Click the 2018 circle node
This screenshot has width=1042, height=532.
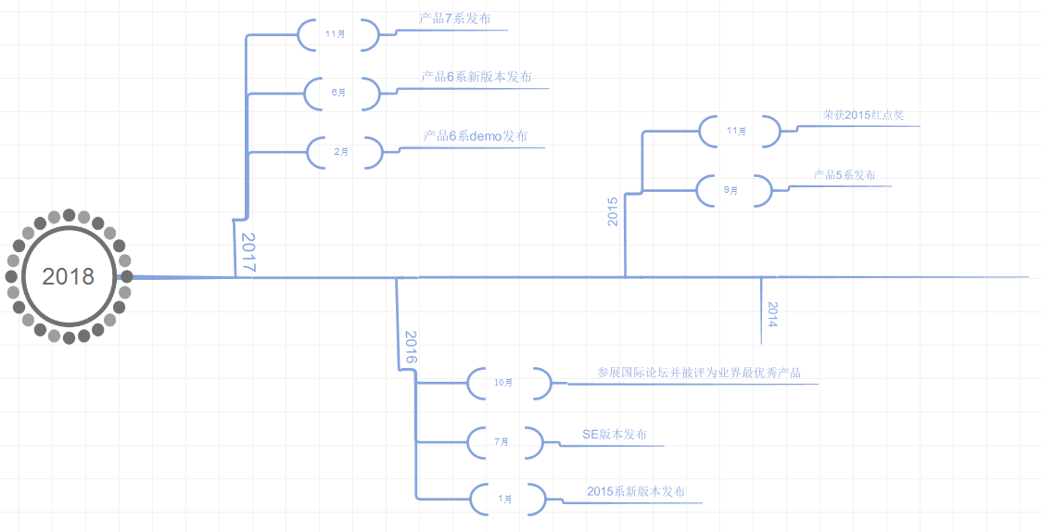click(69, 276)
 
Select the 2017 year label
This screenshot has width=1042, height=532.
click(248, 251)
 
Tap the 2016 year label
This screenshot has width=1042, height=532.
click(411, 347)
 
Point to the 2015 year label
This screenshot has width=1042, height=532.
click(612, 211)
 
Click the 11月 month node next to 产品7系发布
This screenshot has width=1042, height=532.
click(337, 34)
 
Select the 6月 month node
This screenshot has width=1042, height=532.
click(341, 93)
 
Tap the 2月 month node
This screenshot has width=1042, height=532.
click(343, 152)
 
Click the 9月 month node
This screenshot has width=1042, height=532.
click(733, 190)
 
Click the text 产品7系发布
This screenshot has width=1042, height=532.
click(450, 19)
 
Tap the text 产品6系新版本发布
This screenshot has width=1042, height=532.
click(477, 77)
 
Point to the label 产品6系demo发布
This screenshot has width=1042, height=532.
click(476, 135)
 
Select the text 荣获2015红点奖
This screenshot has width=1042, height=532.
click(863, 115)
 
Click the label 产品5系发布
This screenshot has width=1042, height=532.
click(845, 174)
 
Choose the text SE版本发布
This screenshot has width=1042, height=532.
click(615, 434)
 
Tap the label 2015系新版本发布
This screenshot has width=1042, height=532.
click(636, 491)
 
